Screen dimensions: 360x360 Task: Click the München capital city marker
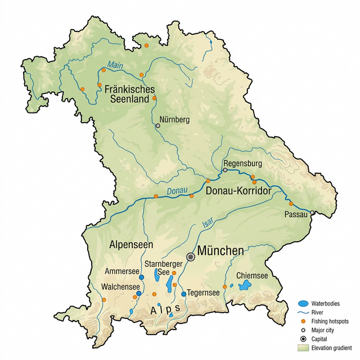tap(191, 256)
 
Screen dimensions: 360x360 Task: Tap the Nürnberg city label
tap(175, 120)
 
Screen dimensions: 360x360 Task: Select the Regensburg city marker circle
tap(225, 169)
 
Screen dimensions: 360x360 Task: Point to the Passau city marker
tap(312, 213)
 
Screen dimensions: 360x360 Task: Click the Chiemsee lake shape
tap(245, 286)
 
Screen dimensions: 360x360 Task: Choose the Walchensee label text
tap(121, 287)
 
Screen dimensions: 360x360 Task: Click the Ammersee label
tap(122, 271)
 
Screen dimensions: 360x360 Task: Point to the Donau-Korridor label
tap(239, 191)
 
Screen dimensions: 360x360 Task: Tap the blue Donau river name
tap(177, 191)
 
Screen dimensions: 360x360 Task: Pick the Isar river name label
tap(206, 226)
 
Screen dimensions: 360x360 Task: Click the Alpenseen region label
tap(127, 246)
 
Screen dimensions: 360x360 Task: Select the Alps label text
tap(164, 309)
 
